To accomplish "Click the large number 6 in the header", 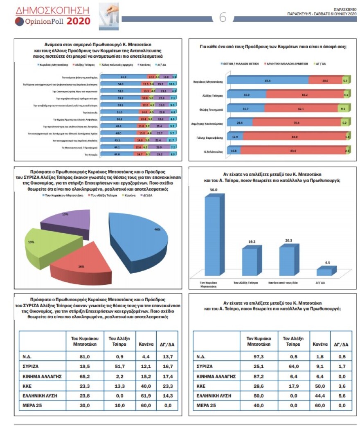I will tap(223, 18).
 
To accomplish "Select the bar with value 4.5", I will tap(324, 271).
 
